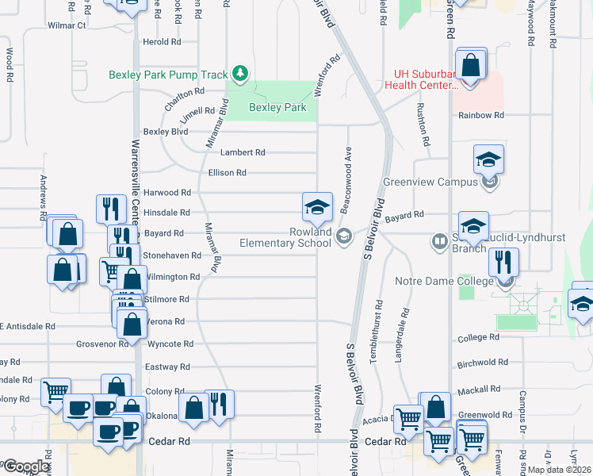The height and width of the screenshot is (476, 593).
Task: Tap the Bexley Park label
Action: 277,107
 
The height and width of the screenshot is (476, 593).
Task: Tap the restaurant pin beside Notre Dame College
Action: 503,263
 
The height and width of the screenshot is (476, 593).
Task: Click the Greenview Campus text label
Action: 430,182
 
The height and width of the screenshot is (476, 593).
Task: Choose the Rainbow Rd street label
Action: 481,115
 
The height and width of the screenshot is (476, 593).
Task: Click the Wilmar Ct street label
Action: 67,25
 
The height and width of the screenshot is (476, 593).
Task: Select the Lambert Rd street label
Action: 243,152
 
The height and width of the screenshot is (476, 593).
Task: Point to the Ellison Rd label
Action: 227,172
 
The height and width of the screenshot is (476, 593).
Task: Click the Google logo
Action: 27,466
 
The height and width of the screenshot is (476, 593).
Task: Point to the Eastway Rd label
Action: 167,367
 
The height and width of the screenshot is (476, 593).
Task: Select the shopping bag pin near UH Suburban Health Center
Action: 471,66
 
